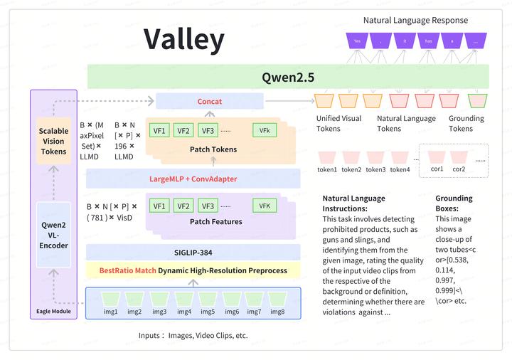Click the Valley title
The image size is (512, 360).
coord(184,39)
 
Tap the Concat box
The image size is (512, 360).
coord(209,102)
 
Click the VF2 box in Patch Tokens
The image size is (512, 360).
coord(183,130)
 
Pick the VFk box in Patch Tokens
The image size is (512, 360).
coord(264,130)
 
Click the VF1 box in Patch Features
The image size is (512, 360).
coord(160,206)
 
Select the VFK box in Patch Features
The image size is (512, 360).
coord(264,206)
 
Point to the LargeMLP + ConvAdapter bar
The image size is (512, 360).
coord(193,179)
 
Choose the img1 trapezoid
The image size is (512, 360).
coord(110,300)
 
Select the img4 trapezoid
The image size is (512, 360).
coord(183,300)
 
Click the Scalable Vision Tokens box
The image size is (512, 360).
coord(53,141)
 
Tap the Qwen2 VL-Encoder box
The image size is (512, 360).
coord(53,234)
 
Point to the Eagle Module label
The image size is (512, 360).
coord(53,311)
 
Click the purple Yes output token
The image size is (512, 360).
coord(357,41)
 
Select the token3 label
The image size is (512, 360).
coord(375,169)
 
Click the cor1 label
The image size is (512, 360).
coord(437,169)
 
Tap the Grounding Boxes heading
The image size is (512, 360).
coord(454,203)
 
